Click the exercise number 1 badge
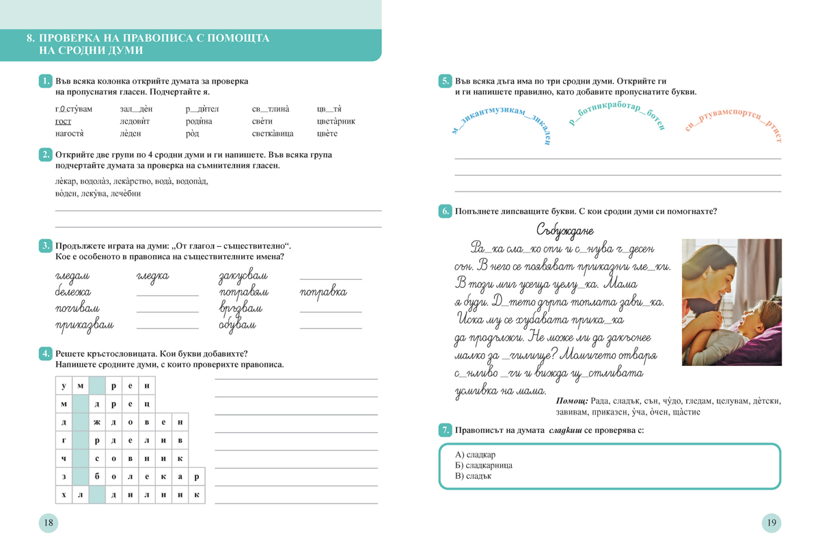pos(45,81)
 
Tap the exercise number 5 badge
pos(444,81)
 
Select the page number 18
pos(48,523)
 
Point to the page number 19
pos(771,523)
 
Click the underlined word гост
pos(63,122)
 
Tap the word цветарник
pos(336,122)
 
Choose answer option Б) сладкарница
pos(484,465)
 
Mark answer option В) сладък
pos(473,476)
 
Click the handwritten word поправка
pos(323,292)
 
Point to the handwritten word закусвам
pos(243,276)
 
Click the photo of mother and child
pos(731,302)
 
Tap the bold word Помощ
pos(572,401)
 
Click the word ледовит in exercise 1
pos(135,122)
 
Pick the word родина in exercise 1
pos(200,122)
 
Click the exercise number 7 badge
pos(444,430)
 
